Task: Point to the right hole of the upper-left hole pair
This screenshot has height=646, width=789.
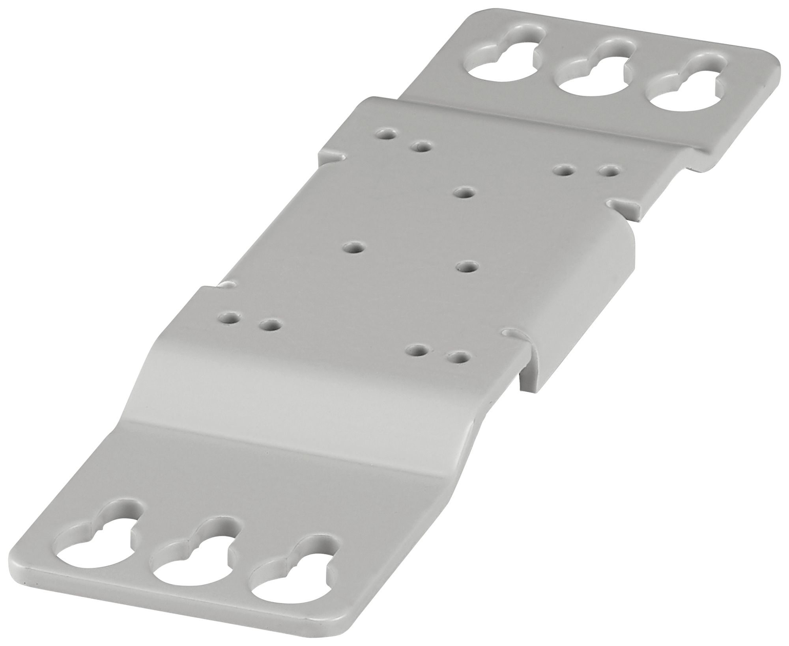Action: [x=421, y=147]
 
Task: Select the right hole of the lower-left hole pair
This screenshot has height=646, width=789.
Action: [x=271, y=326]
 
